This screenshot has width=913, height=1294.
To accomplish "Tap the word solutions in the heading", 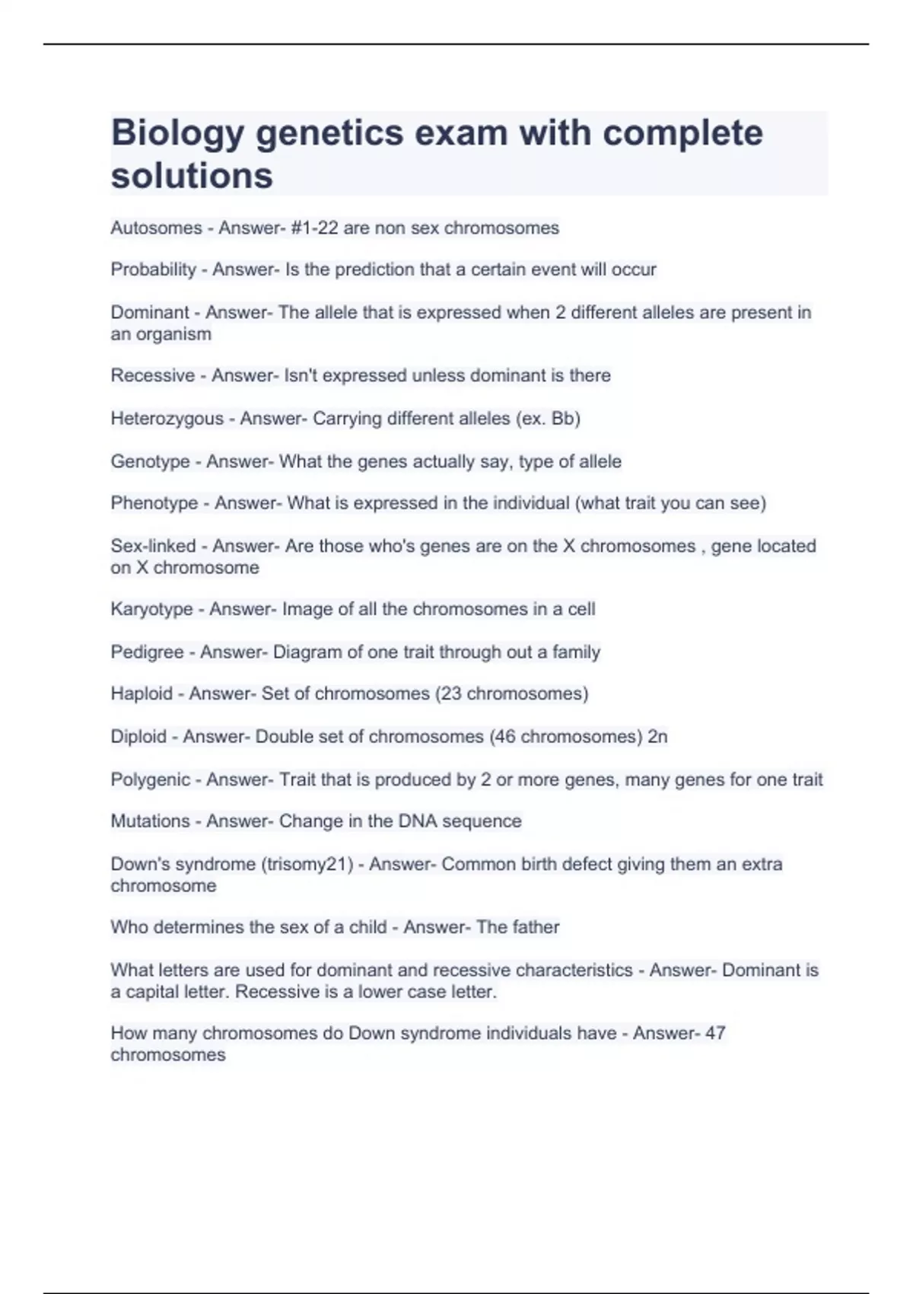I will (192, 176).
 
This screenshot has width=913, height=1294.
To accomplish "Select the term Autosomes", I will (156, 228).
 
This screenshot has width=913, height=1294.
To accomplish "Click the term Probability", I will (153, 269).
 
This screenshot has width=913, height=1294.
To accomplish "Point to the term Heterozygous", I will (167, 419).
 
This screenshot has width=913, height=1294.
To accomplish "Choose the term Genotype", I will (150, 461).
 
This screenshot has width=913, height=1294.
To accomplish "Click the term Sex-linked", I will (153, 546).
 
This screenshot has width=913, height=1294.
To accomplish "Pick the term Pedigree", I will (147, 652).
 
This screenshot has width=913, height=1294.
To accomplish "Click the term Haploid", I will (142, 693).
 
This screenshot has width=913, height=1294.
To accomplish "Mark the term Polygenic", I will (150, 779).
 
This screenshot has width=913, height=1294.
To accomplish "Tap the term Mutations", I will (150, 821).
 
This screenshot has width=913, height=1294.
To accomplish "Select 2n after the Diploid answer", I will (657, 737).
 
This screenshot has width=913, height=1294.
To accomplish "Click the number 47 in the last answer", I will (715, 1033).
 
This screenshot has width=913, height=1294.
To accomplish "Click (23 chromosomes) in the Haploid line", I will (511, 693).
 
